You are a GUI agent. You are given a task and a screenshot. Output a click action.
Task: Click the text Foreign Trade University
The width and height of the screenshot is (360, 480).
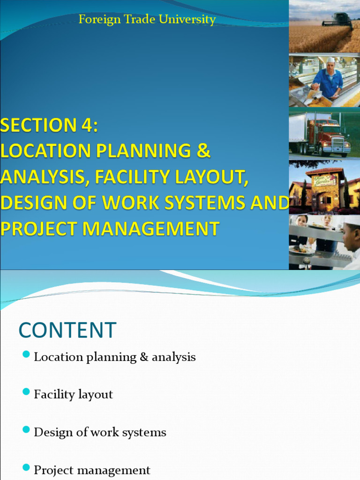point(147,20)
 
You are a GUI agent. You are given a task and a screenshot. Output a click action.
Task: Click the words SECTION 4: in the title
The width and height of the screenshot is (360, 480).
point(49,126)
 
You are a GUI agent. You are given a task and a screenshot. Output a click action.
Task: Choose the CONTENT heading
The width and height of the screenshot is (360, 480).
point(67,330)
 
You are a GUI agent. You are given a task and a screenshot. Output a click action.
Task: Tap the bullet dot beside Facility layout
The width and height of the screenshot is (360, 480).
point(26,391)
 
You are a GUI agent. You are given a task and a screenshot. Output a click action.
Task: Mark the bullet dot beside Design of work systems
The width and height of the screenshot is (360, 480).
point(26,429)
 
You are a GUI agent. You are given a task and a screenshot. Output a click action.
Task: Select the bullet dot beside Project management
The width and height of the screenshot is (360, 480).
point(26,467)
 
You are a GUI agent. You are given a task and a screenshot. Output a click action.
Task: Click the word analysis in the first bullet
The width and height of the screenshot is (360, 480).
point(173,357)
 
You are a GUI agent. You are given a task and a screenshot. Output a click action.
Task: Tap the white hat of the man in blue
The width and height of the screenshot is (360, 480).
point(331,60)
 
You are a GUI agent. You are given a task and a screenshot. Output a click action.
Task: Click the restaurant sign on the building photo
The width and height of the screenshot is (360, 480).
point(325,180)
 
